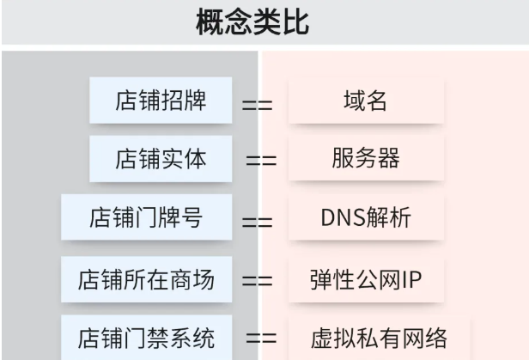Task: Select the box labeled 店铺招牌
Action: (161, 101)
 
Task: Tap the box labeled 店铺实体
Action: (161, 159)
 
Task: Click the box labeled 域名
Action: (365, 101)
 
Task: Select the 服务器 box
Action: (365, 159)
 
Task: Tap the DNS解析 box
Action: (365, 218)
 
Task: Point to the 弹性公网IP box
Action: (365, 278)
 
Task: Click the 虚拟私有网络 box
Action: (378, 336)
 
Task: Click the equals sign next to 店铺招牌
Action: (257, 106)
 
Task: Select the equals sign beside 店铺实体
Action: (261, 161)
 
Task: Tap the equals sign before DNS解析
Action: (257, 222)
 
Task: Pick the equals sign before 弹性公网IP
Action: (257, 279)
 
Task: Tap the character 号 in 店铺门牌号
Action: (193, 218)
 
